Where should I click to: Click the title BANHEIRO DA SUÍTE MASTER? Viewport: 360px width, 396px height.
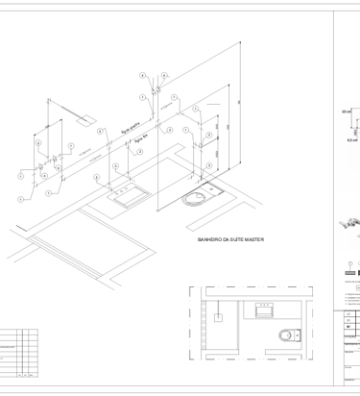(229, 239)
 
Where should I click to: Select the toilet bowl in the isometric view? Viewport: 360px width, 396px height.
(198, 200)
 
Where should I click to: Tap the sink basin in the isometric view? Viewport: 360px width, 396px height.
(128, 199)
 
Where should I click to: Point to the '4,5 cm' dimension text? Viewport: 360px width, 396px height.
(351, 139)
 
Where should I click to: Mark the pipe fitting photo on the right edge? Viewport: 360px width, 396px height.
(351, 226)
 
